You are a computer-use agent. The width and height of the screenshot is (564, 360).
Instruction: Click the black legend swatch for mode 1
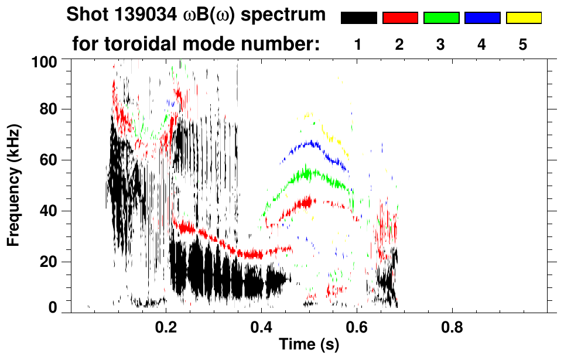click(358, 18)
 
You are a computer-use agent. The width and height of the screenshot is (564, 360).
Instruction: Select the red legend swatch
click(400, 18)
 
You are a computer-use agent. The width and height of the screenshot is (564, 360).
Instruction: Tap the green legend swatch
click(441, 18)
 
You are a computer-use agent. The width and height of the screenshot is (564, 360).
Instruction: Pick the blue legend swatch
click(482, 18)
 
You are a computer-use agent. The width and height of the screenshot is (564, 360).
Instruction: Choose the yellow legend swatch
click(524, 18)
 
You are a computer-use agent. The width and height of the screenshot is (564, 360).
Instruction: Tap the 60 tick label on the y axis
click(50, 160)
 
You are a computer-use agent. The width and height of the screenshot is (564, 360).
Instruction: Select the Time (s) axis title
click(308, 345)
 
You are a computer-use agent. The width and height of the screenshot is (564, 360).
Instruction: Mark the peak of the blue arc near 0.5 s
click(310, 142)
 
